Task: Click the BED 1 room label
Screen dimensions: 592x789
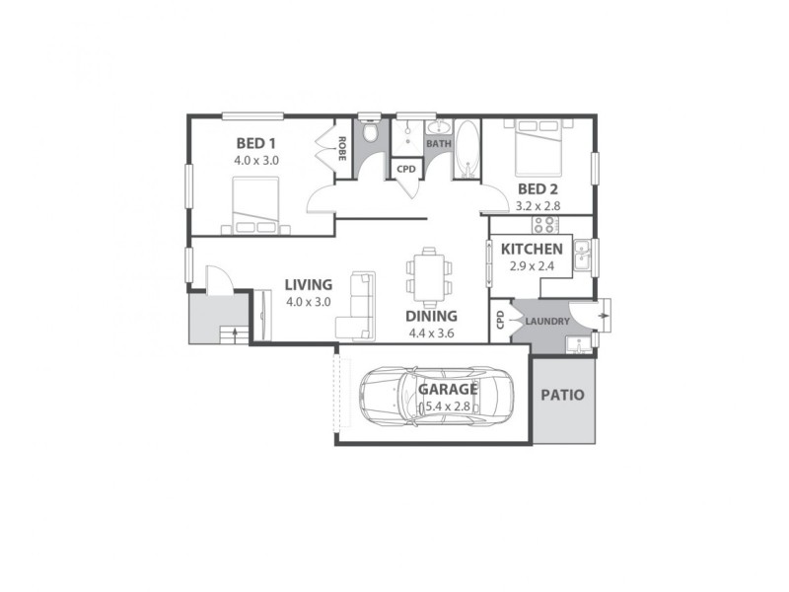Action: (x=254, y=143)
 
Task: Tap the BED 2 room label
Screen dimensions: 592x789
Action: (x=538, y=189)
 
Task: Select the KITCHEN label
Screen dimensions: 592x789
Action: (x=532, y=250)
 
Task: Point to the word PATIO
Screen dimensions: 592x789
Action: (x=563, y=395)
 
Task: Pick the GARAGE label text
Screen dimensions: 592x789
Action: (x=448, y=389)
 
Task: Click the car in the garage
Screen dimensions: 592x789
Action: (x=433, y=397)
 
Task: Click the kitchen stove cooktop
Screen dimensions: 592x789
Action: (x=545, y=225)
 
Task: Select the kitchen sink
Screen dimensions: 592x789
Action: (x=582, y=257)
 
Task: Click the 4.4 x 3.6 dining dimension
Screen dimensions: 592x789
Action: (x=432, y=333)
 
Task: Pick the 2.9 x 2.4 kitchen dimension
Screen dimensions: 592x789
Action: (x=532, y=267)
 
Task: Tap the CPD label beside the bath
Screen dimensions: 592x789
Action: (x=405, y=169)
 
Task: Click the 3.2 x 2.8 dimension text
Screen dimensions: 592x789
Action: (x=538, y=207)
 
